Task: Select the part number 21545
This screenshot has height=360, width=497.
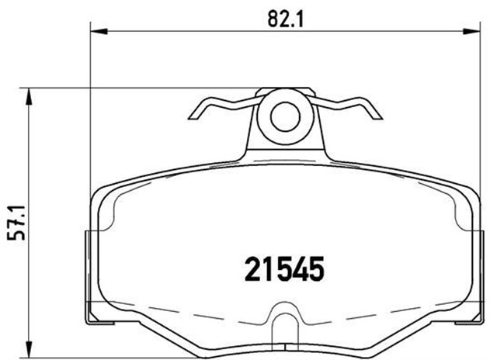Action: pyautogui.click(x=283, y=270)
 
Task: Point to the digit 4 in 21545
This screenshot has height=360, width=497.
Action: pyautogui.click(x=301, y=270)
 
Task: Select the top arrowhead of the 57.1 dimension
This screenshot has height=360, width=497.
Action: pyautogui.click(x=30, y=94)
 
